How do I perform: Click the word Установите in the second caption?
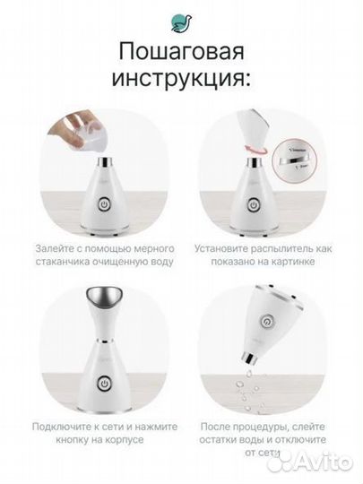tap(221, 246)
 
